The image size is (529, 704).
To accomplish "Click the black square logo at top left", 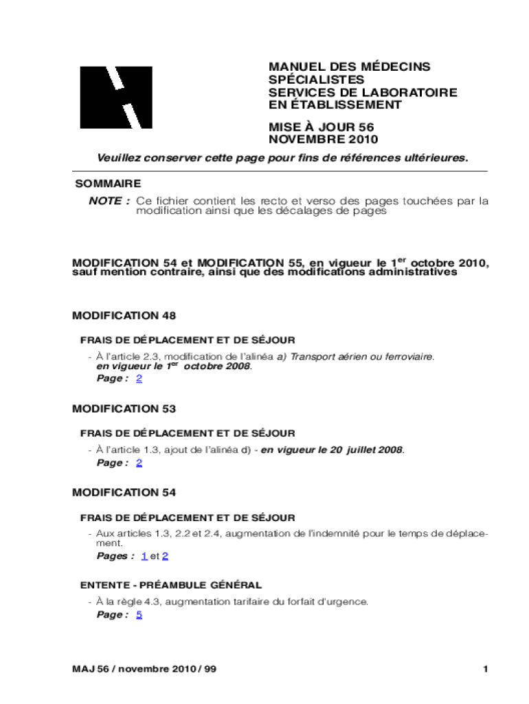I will (115, 97).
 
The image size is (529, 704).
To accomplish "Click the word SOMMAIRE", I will (108, 184).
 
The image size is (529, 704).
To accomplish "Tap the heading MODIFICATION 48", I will (124, 316).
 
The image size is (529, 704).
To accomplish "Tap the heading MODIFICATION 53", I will (124, 408).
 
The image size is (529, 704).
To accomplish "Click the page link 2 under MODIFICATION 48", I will (139, 379).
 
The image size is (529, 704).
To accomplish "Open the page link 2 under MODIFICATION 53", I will (139, 463).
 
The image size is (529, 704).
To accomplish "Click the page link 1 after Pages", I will (144, 555).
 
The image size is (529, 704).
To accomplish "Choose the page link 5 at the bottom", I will (139, 615).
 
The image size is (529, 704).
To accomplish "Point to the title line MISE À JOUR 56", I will (321, 127).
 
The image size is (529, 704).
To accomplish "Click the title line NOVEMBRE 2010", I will (323, 140).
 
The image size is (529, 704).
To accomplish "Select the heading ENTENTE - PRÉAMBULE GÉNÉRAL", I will (170, 585).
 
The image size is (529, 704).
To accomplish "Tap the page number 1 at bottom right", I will (485, 669).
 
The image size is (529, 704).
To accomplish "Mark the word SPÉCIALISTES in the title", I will (316, 80).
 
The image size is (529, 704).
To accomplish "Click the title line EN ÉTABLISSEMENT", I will (335, 105).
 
